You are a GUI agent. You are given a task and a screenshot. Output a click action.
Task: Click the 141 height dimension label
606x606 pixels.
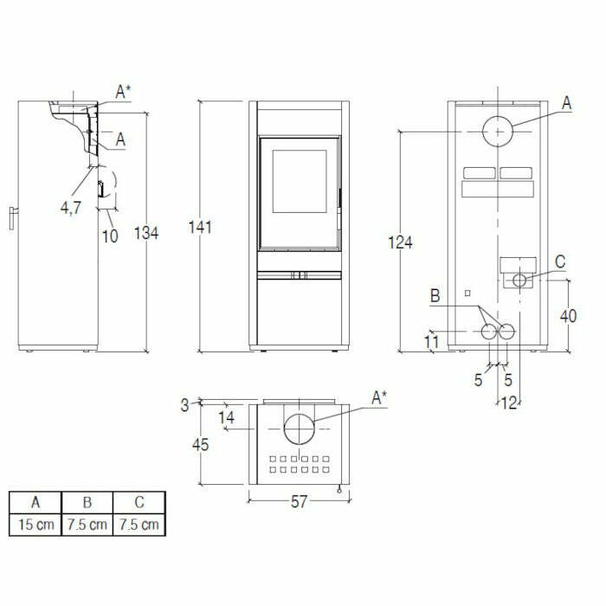click(x=200, y=228)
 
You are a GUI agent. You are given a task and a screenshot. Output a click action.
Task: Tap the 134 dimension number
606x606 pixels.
click(x=146, y=232)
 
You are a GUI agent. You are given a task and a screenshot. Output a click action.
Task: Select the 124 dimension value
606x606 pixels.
click(x=400, y=242)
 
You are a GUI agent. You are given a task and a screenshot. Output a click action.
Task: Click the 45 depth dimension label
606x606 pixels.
click(x=201, y=445)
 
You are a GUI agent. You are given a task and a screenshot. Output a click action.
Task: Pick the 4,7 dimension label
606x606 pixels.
click(x=72, y=208)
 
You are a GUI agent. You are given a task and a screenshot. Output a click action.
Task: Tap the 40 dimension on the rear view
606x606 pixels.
click(x=568, y=316)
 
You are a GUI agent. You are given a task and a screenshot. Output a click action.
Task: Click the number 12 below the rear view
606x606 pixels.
click(x=509, y=402)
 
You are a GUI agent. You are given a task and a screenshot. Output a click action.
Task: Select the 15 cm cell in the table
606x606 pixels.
click(x=35, y=524)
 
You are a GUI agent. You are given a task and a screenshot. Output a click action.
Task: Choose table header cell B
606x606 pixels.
click(x=87, y=502)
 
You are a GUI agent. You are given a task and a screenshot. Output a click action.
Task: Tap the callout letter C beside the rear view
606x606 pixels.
click(x=559, y=261)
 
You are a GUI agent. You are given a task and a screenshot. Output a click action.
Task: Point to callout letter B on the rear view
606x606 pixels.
click(x=435, y=297)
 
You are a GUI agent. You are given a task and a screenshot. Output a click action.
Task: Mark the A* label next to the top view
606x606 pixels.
click(x=379, y=397)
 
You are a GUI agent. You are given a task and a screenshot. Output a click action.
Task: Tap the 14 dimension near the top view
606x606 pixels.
click(x=227, y=417)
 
